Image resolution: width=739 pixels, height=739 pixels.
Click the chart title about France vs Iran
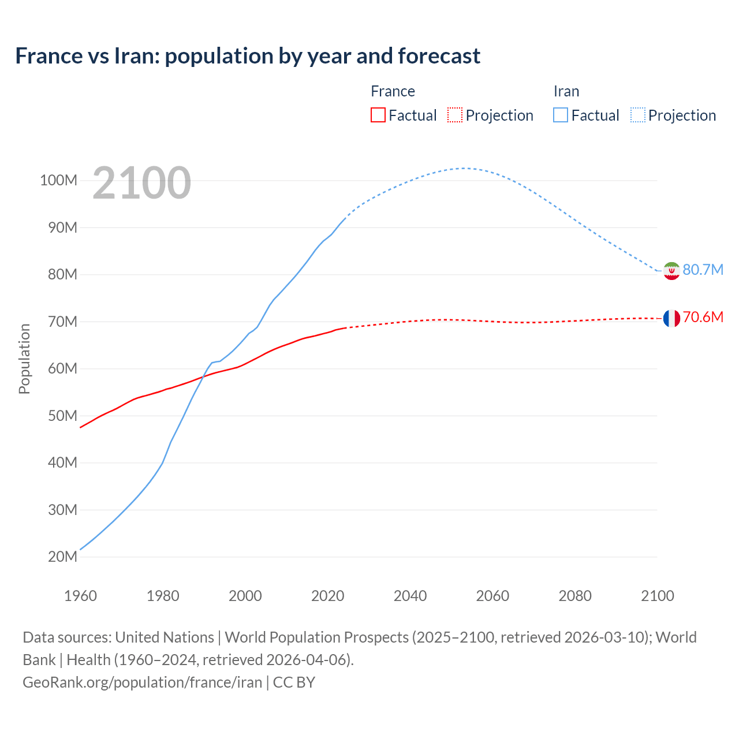pos(248,56)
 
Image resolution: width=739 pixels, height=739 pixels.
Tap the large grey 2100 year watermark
pos(141,183)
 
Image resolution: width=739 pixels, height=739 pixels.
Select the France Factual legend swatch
pos(378,115)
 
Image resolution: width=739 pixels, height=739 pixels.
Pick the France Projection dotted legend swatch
pos(455,115)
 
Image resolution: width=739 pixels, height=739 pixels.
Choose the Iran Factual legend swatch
pos(560,115)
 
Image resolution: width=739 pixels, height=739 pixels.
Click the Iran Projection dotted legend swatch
pos(637,115)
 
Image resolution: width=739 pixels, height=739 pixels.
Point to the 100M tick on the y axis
pos(58,180)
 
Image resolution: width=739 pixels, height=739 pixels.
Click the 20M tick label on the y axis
pos(62,557)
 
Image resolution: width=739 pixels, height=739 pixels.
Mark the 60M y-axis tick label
pos(62,368)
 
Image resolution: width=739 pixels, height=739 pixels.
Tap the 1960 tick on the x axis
pos(80,596)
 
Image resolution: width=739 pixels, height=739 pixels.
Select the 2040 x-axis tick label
pos(410,596)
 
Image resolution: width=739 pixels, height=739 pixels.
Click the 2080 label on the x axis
pos(575,596)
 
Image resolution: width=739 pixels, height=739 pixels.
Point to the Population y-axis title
pos(24,359)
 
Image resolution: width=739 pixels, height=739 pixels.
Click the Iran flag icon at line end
pos(671,270)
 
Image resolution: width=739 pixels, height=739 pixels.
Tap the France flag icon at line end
pos(671,318)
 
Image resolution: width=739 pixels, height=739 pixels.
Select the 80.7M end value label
pos(703,270)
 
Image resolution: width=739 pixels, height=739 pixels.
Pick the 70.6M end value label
pos(703,317)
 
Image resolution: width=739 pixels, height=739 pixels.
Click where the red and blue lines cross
pos(203,376)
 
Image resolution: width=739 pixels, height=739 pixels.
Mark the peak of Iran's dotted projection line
pos(464,168)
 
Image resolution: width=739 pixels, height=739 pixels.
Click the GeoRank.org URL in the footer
pos(142,682)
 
